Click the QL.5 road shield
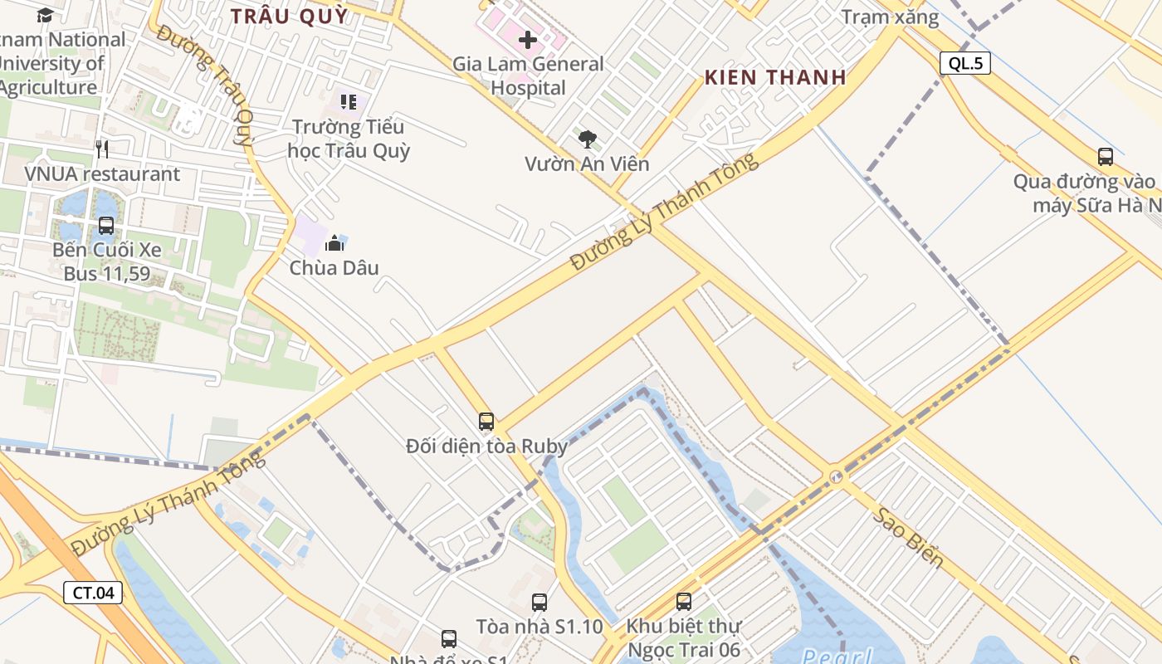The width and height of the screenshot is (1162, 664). point(965,63)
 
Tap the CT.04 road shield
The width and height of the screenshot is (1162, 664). point(93,593)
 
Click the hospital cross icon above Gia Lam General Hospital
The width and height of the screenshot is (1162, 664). point(528,39)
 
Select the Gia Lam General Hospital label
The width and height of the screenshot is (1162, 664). point(528,76)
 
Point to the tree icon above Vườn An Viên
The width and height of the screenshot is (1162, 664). point(588,139)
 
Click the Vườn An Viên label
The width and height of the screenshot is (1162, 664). point(587,164)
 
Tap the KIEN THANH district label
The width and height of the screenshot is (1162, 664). point(775,77)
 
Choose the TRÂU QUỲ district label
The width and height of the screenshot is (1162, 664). point(289,16)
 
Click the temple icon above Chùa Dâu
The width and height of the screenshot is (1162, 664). point(334,243)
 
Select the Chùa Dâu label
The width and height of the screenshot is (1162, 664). point(334,267)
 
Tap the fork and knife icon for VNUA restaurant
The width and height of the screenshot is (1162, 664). point(102,149)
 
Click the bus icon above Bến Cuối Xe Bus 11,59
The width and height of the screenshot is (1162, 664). point(106,225)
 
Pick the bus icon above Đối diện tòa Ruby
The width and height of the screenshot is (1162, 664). point(486,422)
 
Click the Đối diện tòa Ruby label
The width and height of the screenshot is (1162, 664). point(486,447)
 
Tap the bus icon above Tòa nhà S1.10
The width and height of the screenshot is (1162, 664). point(539,603)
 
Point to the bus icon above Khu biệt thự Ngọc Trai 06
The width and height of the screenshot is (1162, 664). point(684,602)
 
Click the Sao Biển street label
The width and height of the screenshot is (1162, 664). point(907,537)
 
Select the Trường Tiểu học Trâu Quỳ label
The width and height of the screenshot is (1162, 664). point(349,139)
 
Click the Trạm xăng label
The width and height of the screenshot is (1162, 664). point(890,17)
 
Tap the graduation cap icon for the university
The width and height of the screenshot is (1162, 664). point(45,15)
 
